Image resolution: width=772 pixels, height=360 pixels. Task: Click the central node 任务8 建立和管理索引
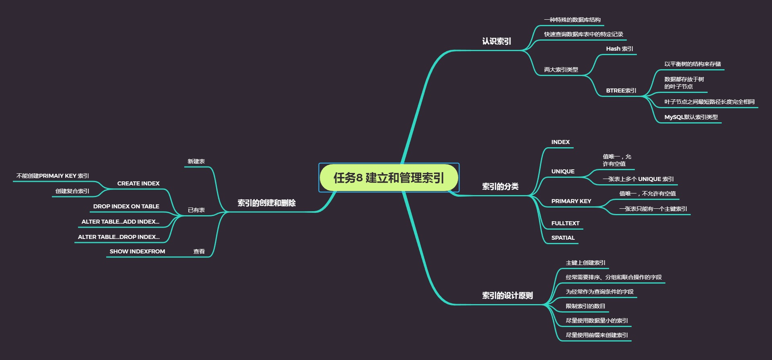click(x=389, y=178)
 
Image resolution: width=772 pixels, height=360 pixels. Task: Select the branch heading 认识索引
click(x=496, y=41)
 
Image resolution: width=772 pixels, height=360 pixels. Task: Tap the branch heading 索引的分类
click(x=500, y=187)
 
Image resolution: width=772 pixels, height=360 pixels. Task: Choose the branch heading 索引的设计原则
click(x=507, y=296)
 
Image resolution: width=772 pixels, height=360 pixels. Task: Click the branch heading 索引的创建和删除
click(x=266, y=203)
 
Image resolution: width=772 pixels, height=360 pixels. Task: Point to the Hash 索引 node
click(x=620, y=49)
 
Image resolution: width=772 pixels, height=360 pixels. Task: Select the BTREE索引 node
click(x=621, y=91)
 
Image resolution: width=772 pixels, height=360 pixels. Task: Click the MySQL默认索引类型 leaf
click(x=691, y=117)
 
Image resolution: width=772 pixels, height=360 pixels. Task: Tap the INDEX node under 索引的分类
click(x=560, y=142)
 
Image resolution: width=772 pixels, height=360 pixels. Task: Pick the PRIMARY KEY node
click(x=571, y=202)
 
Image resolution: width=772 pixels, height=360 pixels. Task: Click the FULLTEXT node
click(x=565, y=224)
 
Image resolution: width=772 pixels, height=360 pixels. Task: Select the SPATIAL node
click(x=563, y=238)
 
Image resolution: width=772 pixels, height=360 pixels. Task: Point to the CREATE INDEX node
click(x=138, y=184)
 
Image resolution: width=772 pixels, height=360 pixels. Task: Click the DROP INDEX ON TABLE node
click(x=126, y=207)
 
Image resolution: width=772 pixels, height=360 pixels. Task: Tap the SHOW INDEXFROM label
click(x=137, y=252)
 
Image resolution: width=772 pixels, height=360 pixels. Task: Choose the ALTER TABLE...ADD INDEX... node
click(x=120, y=222)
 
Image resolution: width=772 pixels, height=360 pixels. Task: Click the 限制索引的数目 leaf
click(x=585, y=307)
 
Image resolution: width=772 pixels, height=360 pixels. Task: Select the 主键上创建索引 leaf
click(x=585, y=263)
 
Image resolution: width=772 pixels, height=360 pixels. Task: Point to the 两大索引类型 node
click(x=561, y=70)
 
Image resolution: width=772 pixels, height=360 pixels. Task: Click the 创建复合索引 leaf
click(x=72, y=191)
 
